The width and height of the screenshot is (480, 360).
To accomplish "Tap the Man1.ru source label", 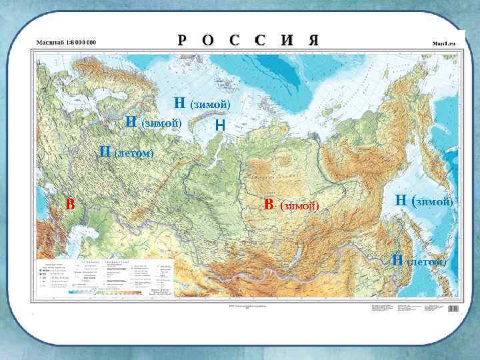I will [x=443, y=43].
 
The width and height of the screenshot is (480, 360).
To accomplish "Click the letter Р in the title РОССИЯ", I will [x=182, y=40].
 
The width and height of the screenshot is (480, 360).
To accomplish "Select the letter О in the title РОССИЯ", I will [x=208, y=40].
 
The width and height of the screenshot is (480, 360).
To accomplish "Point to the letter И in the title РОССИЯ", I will [x=287, y=40].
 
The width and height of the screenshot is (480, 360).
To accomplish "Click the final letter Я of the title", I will [x=313, y=40].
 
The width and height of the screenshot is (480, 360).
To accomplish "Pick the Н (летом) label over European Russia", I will [x=126, y=153].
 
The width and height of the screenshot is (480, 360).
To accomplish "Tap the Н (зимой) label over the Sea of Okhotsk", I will [x=424, y=200].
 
